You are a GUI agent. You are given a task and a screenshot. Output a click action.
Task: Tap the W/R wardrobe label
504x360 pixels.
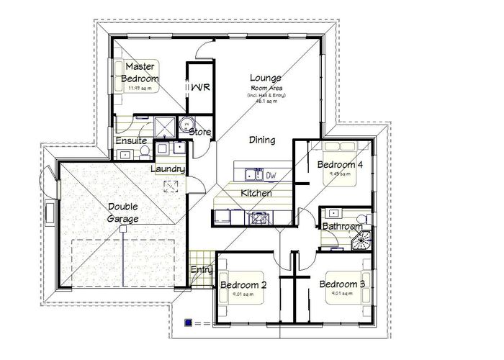[199, 88]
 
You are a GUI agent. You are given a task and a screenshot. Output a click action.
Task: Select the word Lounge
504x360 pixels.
[265, 78]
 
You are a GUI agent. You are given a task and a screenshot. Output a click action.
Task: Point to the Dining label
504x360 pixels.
[262, 140]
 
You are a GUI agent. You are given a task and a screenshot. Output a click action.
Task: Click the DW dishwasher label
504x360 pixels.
[271, 175]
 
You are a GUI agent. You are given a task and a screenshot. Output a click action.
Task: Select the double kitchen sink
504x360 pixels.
[251, 174]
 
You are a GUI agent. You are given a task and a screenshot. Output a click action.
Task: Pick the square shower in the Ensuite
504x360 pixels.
[166, 125]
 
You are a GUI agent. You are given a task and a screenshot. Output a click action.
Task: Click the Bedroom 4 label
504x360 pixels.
[341, 164]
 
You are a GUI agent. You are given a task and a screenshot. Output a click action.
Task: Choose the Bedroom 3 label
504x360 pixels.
[343, 284]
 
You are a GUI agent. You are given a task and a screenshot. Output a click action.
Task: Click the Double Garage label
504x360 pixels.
[119, 212]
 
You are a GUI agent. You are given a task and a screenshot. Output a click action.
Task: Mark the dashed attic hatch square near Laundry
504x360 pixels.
[171, 186]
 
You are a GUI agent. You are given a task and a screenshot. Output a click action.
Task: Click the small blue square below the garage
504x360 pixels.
[189, 323]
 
